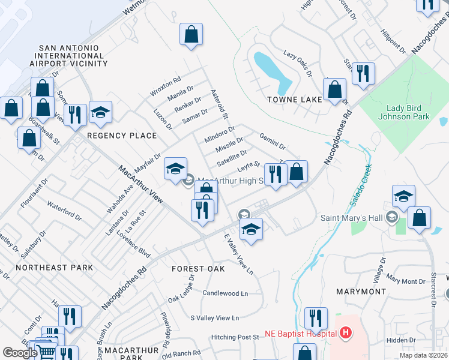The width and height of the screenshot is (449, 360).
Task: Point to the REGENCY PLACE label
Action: coord(122,136)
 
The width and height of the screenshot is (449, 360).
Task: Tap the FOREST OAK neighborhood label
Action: coord(198,269)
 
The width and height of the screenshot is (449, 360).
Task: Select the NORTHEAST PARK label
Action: coord(55,268)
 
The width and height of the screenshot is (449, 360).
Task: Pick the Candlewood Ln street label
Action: coord(225,293)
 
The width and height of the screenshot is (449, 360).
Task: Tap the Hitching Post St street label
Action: coord(231,337)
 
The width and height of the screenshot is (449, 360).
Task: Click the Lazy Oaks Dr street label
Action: coord(298,63)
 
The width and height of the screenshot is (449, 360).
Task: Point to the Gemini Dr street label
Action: coord(272,142)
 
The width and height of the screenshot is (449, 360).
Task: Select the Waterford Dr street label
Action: coord(64,211)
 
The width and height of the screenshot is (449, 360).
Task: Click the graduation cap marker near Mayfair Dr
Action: coord(175,169)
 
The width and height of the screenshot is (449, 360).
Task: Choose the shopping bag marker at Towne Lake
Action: coord(334,91)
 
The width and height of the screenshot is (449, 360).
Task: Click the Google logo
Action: coord(20,353)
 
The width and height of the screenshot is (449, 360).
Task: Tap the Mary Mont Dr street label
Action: coord(406,281)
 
